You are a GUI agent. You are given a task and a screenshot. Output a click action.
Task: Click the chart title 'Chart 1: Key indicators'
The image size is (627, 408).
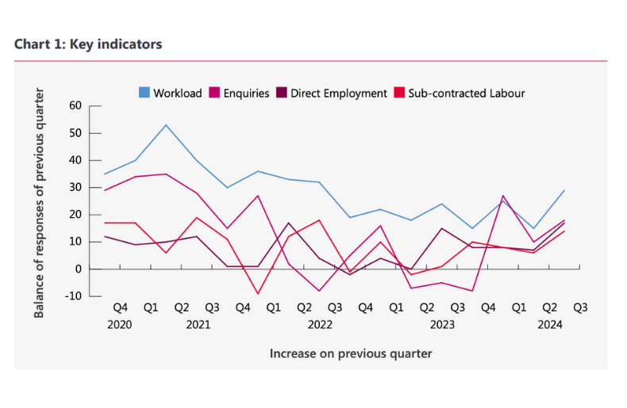(88, 44)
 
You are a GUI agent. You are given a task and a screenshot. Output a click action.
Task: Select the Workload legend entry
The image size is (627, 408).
(171, 93)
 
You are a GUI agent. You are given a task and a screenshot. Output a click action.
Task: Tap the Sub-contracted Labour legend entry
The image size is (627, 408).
(460, 93)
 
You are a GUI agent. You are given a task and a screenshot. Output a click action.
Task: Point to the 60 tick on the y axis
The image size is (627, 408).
(75, 105)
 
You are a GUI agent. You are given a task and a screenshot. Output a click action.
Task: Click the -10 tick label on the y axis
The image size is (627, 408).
(74, 296)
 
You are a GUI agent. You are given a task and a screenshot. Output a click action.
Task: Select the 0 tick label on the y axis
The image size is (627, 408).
(79, 269)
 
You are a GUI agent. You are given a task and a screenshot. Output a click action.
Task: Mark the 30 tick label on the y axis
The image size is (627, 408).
(75, 187)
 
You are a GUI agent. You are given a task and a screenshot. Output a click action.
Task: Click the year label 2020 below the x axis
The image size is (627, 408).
(120, 325)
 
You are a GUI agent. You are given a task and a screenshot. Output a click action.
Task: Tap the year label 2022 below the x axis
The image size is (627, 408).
(320, 325)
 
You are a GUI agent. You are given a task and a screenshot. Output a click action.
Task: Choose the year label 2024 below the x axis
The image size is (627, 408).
(550, 325)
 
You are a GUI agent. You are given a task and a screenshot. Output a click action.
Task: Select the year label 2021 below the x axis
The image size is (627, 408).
(198, 325)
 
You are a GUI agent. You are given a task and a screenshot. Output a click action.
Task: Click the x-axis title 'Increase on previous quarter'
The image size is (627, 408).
(351, 353)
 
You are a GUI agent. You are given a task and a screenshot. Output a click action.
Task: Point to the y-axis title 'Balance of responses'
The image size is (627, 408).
(39, 202)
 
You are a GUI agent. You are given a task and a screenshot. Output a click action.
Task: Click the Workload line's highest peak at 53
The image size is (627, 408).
(166, 124)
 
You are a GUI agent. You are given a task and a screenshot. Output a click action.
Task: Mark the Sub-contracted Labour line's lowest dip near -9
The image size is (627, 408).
(258, 294)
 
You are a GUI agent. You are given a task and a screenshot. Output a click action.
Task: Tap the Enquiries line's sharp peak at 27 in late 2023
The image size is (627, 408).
(503, 196)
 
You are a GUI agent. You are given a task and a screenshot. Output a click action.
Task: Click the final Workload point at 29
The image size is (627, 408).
(564, 190)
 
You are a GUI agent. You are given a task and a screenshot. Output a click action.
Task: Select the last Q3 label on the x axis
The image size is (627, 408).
(580, 307)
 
